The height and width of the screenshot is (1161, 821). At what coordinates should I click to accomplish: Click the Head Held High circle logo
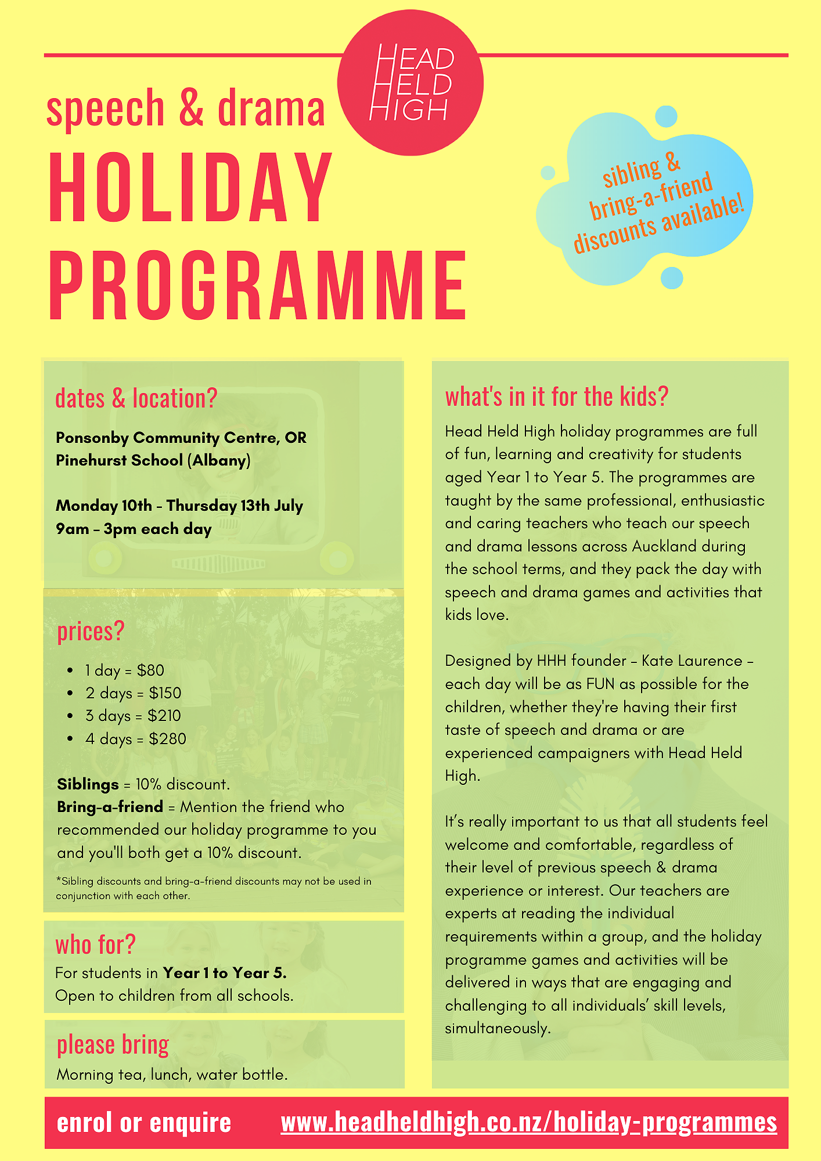410,82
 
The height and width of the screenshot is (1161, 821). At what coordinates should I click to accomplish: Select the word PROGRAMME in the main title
258,285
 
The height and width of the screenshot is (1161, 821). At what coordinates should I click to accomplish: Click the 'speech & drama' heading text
185,109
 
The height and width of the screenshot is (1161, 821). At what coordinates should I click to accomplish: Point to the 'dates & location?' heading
136,398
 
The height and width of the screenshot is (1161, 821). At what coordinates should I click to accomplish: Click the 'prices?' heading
91,632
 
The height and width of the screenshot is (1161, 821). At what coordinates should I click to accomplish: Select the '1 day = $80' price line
124,670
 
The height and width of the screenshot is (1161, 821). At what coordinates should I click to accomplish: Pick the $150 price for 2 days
165,693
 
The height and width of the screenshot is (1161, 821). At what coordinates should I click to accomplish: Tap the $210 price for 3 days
164,716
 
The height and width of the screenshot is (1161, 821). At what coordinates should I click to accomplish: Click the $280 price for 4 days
167,739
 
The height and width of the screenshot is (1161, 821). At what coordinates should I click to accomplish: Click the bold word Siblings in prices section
88,784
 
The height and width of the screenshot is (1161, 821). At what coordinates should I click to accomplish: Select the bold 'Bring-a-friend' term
110,807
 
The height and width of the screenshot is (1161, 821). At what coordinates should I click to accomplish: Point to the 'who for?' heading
95,945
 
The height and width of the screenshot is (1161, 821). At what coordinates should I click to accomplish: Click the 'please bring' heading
113,1045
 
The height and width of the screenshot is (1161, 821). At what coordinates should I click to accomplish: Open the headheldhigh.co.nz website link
528,1122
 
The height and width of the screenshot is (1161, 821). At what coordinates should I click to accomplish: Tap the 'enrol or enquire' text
144,1123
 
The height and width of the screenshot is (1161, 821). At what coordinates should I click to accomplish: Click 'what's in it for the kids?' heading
557,397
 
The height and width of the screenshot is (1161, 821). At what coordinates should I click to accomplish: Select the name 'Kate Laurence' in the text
692,661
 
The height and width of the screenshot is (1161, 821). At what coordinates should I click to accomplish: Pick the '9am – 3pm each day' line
134,529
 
